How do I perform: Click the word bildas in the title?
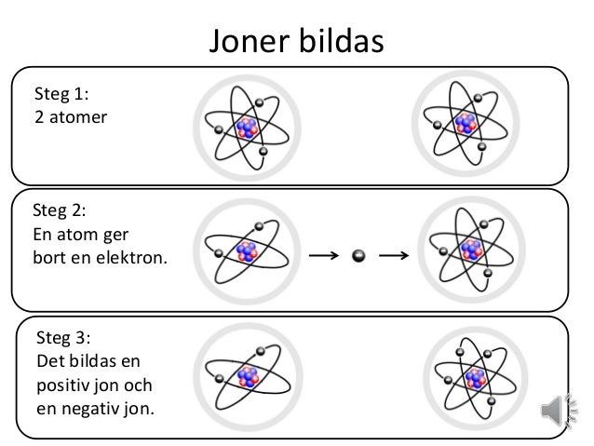[x=340, y=41]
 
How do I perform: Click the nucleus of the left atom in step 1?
[x=247, y=128]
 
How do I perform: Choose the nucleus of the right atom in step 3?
[x=477, y=377]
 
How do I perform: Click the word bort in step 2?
[x=47, y=255]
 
